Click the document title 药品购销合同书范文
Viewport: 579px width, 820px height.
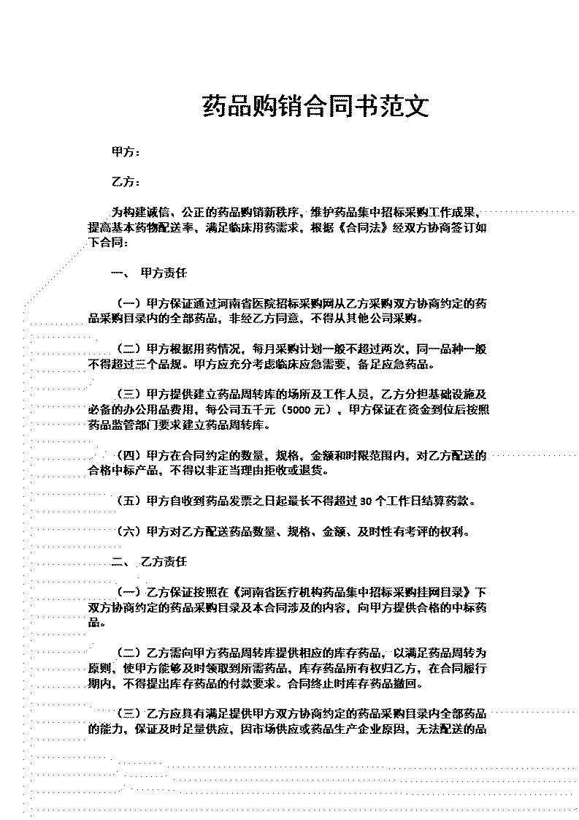(x=315, y=106)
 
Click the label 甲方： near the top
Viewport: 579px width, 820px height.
(x=126, y=152)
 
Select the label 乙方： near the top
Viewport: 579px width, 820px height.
(x=126, y=182)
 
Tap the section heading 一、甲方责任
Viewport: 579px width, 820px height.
(x=149, y=273)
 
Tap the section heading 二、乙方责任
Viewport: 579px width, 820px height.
(x=149, y=562)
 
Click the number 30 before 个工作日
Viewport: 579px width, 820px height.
(x=366, y=501)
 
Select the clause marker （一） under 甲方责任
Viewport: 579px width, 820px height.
(x=129, y=304)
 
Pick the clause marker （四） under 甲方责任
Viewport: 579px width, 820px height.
(x=129, y=456)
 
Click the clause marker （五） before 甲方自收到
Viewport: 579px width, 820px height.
(x=129, y=501)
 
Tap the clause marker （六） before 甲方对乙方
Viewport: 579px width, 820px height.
(x=129, y=532)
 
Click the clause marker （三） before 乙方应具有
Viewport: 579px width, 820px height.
(x=129, y=713)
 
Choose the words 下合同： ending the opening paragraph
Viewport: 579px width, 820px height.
(x=107, y=243)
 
